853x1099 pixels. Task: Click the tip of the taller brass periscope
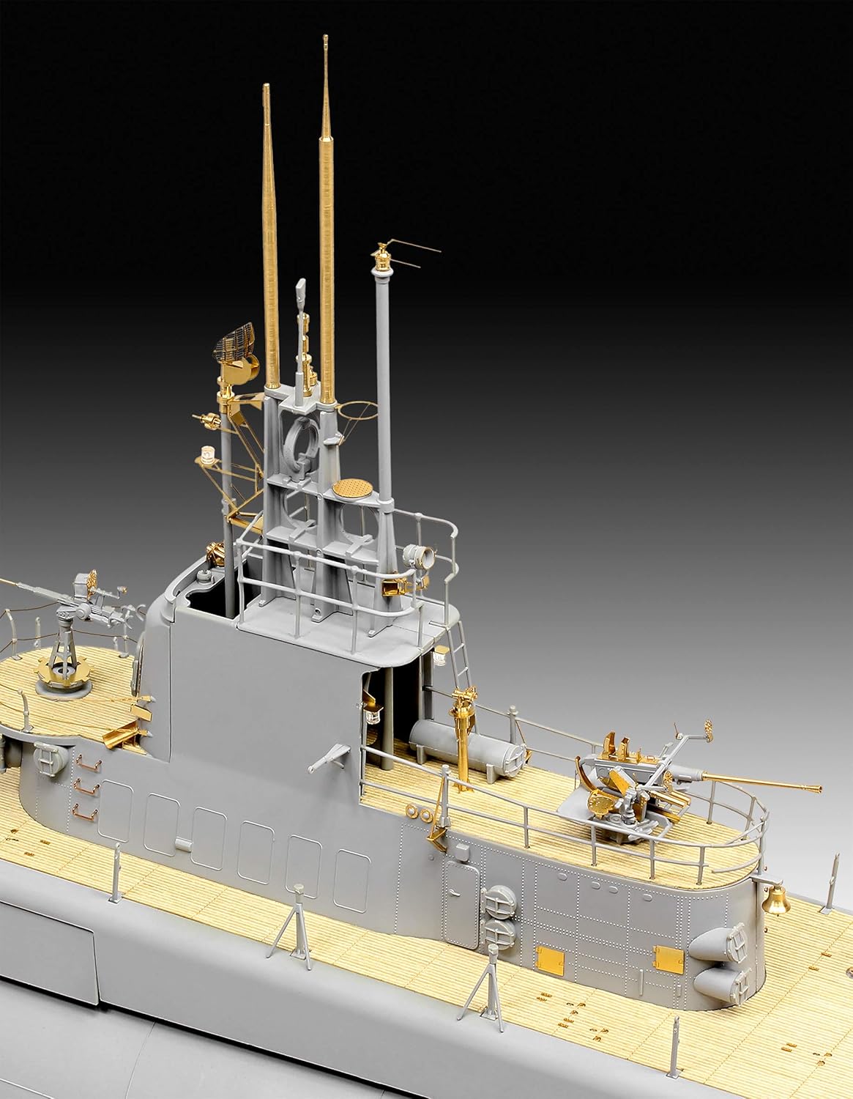tap(324, 40)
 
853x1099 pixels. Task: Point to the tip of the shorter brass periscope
tap(266, 87)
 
